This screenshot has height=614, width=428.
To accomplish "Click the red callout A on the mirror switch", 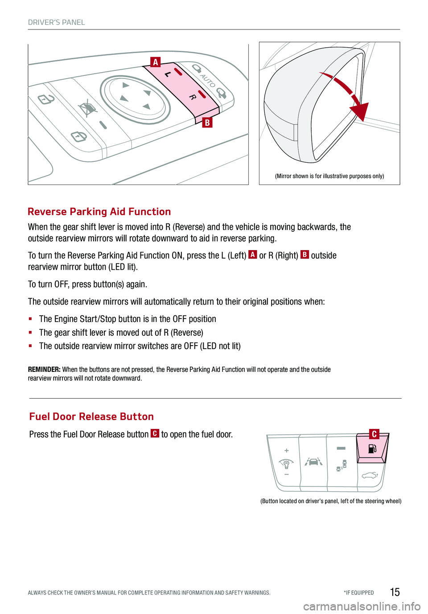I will pos(155,62).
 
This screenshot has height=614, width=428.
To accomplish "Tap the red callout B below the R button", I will pos(207,122).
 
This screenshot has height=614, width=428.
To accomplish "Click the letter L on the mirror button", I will pos(167,74).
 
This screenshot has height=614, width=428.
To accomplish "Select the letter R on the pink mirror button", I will pos(192,97).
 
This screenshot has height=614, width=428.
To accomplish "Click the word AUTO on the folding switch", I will pos(208,81).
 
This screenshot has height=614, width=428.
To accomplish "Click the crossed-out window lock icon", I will pos(88,108).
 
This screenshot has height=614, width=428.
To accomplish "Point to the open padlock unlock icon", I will pos(46,99).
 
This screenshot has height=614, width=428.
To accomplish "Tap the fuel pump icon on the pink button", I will pos(373,448).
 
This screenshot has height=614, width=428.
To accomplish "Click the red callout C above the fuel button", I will pos(374,434).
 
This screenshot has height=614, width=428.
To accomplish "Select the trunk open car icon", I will pos(370,476).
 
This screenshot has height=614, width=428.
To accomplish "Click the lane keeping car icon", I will pos(313,462).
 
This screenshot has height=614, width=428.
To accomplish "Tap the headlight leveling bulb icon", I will pos(286,463).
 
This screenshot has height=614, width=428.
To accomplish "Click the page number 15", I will pos(395,592).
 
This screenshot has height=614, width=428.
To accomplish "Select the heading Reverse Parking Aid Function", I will pos(99,212).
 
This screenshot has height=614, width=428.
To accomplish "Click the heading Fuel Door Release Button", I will pos(91,416).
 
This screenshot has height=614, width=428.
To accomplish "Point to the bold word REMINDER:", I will pos(44,369).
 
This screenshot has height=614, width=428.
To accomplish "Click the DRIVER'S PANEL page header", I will pos(56,22).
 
